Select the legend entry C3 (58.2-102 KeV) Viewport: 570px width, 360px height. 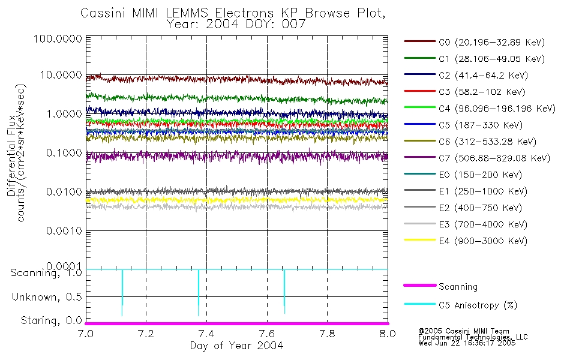click(474, 92)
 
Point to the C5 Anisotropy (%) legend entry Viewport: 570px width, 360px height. click(478, 305)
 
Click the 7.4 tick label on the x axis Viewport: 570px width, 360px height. click(206, 334)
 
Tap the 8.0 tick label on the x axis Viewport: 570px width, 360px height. click(388, 334)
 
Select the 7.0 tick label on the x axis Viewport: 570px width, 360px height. click(86, 334)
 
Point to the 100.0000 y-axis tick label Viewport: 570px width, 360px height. click(59, 39)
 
